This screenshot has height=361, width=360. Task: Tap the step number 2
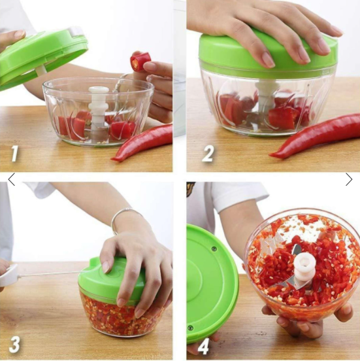pos(208,153)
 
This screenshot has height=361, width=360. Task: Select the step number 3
pos(14,345)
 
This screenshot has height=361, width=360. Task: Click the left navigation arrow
pos(11,179)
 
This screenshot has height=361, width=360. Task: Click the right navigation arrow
pos(349,179)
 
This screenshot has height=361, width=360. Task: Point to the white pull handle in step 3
pos(8,276)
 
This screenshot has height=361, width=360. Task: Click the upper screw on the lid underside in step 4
pos(214,249)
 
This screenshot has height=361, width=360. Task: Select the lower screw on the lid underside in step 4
pos(190,328)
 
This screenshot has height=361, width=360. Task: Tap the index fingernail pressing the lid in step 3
pos(105,267)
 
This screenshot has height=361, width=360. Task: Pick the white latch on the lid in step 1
pos(75,31)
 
